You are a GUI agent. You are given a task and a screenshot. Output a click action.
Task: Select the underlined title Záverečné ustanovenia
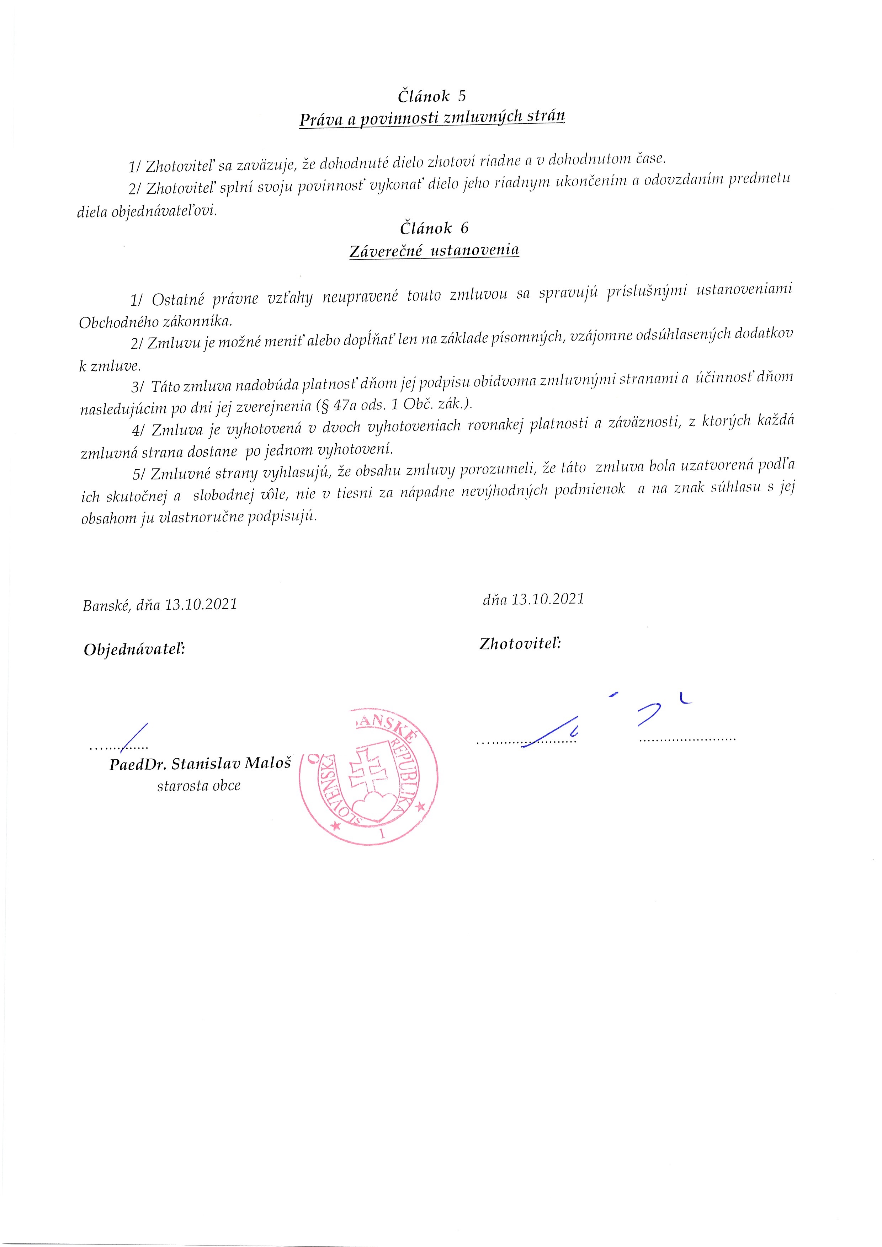(x=434, y=251)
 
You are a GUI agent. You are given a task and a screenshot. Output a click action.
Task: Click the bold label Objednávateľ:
(x=134, y=649)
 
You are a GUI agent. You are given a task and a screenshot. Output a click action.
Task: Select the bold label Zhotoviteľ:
(x=520, y=644)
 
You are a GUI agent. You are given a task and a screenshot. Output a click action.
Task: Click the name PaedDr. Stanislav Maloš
(x=200, y=764)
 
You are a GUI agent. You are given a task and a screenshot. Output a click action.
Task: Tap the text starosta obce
(x=199, y=786)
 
